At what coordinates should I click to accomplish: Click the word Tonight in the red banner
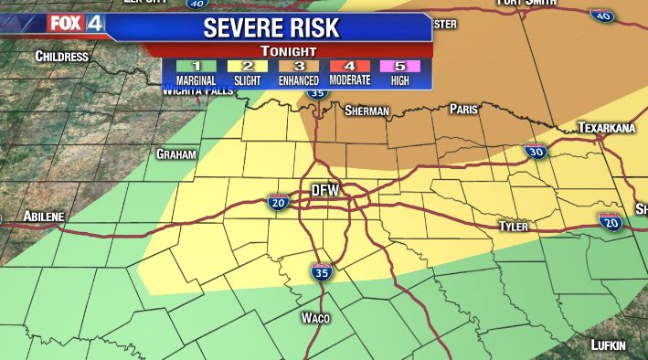pos(288,51)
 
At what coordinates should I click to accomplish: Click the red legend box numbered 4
pos(351,67)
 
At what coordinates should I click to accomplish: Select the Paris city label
pos(464,109)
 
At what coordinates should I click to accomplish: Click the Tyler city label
pos(514,226)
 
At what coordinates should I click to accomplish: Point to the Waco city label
pos(314,318)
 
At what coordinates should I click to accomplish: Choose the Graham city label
pos(176,154)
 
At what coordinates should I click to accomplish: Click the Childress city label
pos(61,57)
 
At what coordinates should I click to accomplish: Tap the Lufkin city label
pos(608,344)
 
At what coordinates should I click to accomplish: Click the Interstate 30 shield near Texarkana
pos(536,152)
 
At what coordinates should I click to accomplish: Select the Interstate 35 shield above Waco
pos(320,271)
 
